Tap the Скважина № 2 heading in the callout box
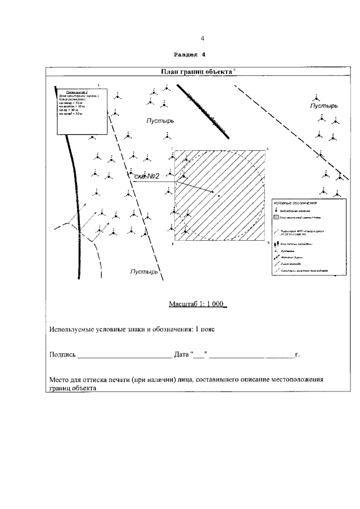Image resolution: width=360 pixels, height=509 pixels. click(77, 91)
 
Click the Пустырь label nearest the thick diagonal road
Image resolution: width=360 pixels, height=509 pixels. click(160, 120)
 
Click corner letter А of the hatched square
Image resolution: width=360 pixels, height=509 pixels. click(268, 148)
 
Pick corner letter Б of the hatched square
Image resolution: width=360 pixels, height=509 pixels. click(269, 242)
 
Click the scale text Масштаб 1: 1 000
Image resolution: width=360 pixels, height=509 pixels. click(196, 304)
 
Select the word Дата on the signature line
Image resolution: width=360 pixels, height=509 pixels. click(181, 354)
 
